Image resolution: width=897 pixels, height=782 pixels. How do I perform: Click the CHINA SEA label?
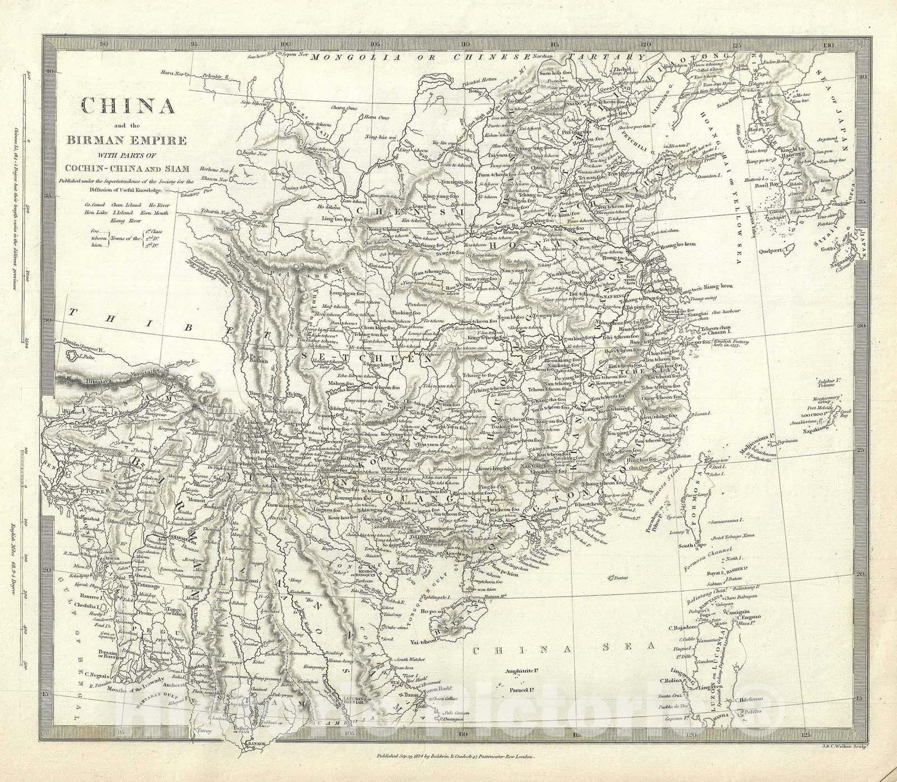(563, 650)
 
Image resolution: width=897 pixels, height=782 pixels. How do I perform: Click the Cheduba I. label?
(60, 606)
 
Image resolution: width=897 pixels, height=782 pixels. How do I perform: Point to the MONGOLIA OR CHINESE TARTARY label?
(471, 57)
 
